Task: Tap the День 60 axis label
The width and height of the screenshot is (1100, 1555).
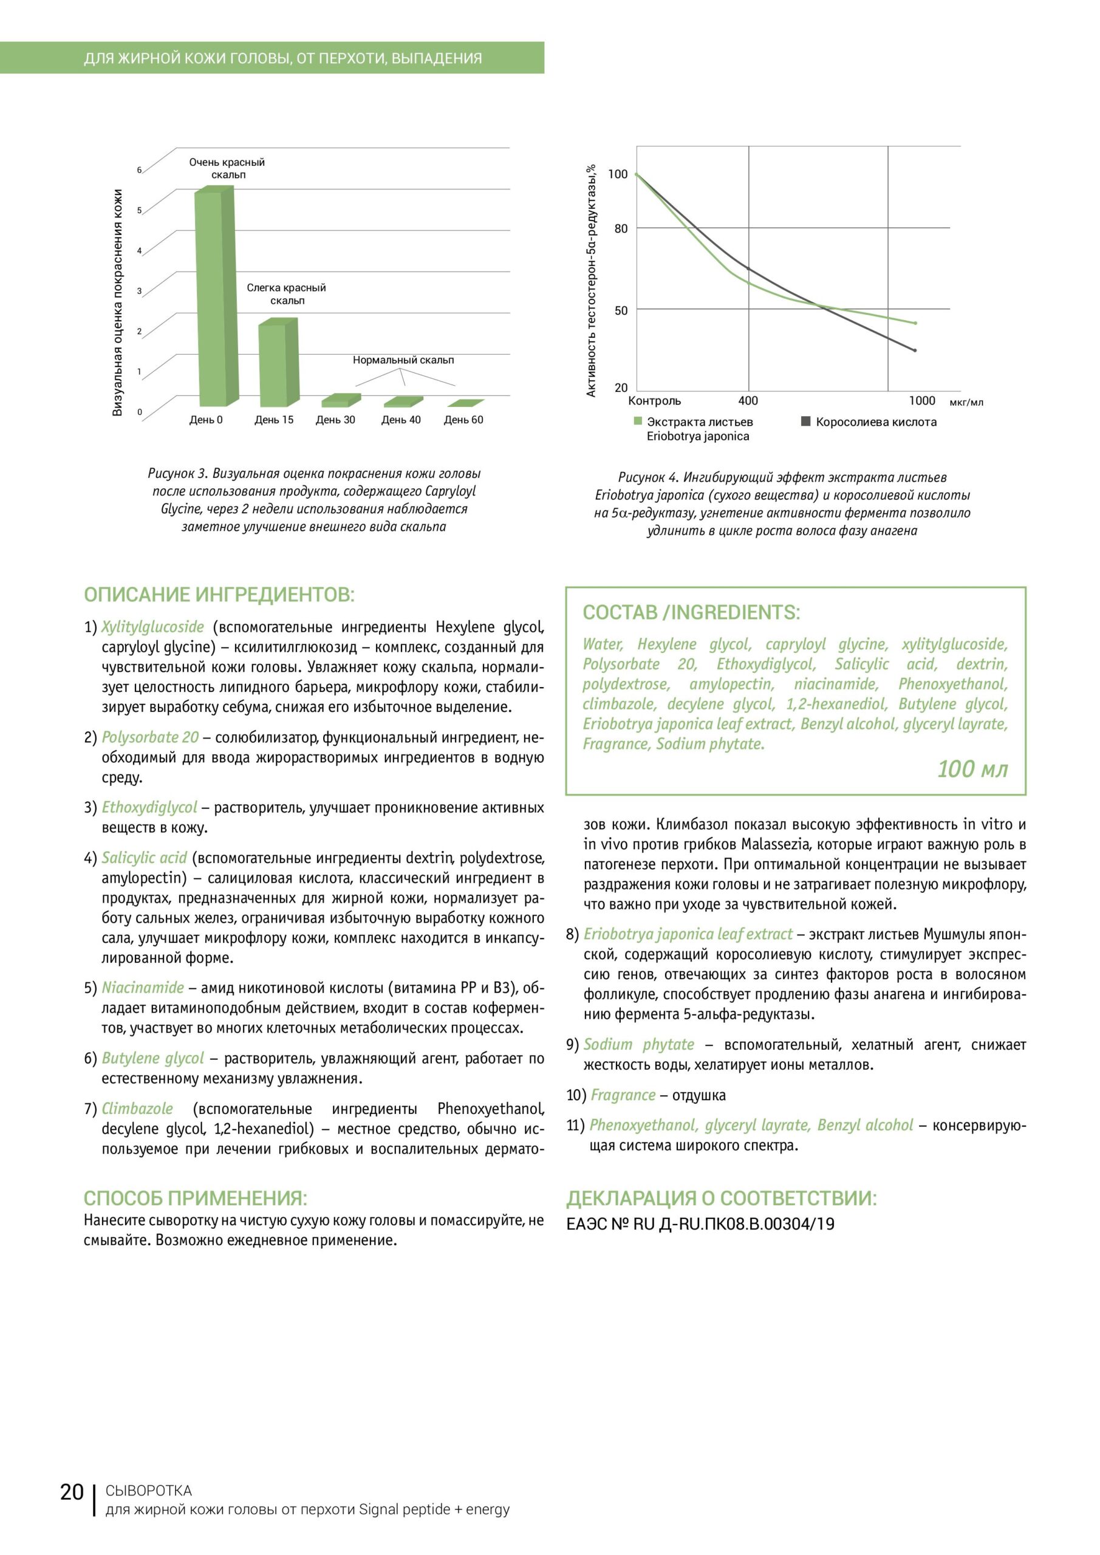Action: [x=463, y=420]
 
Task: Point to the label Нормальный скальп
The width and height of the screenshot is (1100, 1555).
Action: [x=403, y=360]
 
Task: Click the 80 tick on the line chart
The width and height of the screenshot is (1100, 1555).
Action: [x=620, y=229]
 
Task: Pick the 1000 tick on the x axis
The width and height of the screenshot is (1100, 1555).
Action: [x=921, y=401]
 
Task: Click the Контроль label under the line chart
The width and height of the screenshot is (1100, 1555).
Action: [x=654, y=401]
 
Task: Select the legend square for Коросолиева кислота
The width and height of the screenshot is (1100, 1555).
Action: [x=806, y=422]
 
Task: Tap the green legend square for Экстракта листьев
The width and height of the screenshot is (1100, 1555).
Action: [x=637, y=422]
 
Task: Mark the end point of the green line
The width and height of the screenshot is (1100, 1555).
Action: [x=915, y=323]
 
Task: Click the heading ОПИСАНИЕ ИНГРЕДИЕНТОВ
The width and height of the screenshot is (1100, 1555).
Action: [x=219, y=595]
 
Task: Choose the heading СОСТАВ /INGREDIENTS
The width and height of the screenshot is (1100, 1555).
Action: [x=691, y=612]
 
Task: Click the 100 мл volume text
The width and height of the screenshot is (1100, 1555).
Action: [x=972, y=769]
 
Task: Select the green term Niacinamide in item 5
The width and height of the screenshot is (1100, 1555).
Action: [x=143, y=988]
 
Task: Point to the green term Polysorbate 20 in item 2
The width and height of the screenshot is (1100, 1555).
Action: [x=151, y=737]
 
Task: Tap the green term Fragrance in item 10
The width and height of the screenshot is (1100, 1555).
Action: [x=623, y=1095]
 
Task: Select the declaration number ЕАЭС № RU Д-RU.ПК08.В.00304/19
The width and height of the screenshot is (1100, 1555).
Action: [x=700, y=1224]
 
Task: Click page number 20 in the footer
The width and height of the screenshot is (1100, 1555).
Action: [x=72, y=1511]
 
